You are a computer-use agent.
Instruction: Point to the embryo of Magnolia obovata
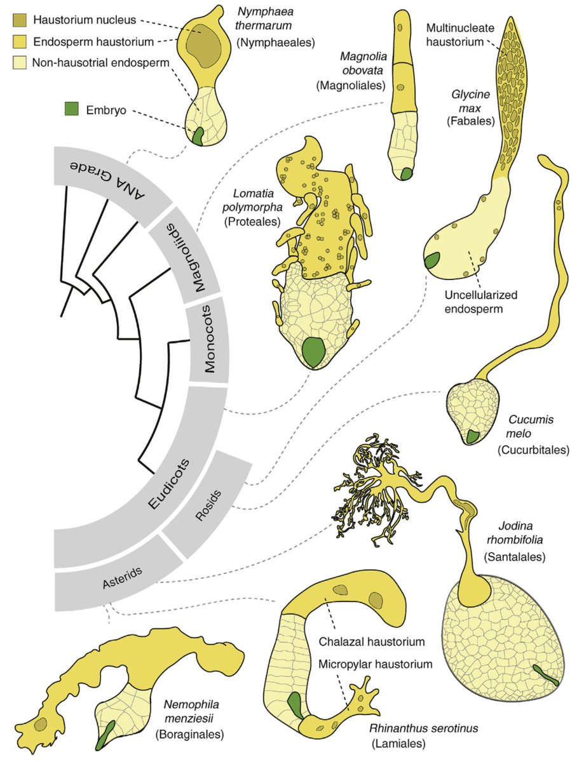tap(406, 173)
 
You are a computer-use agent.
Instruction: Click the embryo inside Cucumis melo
tap(472, 436)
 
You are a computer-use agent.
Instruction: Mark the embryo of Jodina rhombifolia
tap(545, 674)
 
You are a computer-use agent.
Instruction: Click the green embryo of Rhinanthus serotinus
tap(295, 705)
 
